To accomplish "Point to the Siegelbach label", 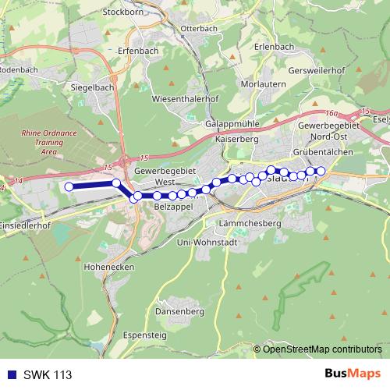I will point(92,87).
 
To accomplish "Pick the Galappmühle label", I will point(232,124).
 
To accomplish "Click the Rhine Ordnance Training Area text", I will point(49,142).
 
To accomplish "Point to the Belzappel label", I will point(173,208).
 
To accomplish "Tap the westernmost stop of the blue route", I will point(69,186).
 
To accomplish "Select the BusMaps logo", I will point(352,374).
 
